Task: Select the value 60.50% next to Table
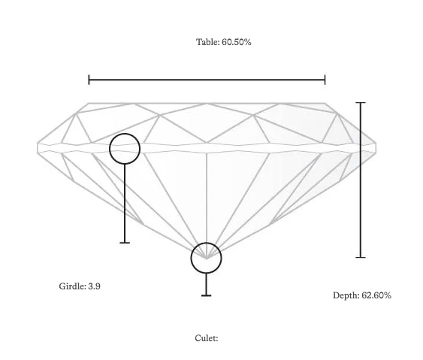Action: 237,42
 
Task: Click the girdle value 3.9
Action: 94,286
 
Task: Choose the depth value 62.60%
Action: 376,295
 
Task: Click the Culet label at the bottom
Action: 207,338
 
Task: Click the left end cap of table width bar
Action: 89,80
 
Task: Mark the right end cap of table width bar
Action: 325,80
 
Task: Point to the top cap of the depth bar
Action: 361,102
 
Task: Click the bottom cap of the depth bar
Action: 361,257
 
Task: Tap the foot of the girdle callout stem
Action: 125,243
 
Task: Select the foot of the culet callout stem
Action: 207,295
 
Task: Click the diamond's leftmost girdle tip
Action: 38,147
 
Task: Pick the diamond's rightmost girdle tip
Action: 376,147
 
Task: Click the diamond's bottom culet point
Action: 207,259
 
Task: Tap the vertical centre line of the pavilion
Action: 207,206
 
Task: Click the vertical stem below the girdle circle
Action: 125,203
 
